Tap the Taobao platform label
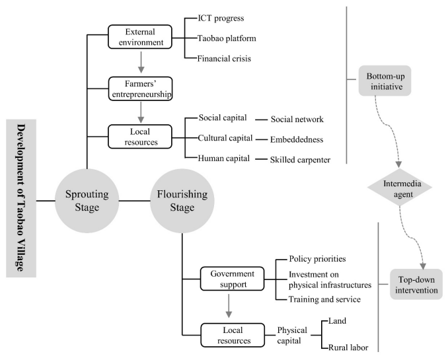click(x=227, y=38)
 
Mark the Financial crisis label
click(x=224, y=59)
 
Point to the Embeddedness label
click(x=297, y=140)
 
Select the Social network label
click(x=297, y=120)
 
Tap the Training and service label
click(x=324, y=299)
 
